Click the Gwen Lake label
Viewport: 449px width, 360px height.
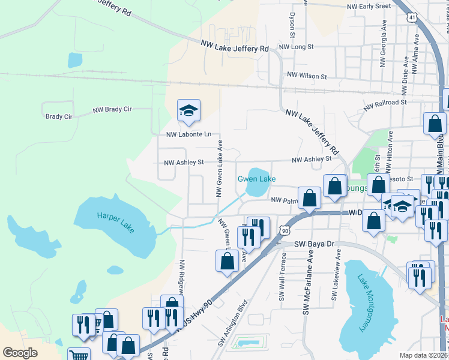click(256, 179)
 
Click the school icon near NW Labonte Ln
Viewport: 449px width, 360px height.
click(188, 110)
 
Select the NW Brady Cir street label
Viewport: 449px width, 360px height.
click(112, 110)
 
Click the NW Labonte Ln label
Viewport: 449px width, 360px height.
click(188, 134)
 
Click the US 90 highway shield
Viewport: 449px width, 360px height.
click(285, 230)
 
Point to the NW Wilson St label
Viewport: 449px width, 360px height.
click(307, 76)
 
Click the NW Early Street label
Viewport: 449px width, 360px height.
click(369, 7)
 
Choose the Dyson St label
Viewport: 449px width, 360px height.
click(292, 25)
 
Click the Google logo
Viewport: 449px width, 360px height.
click(20, 353)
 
